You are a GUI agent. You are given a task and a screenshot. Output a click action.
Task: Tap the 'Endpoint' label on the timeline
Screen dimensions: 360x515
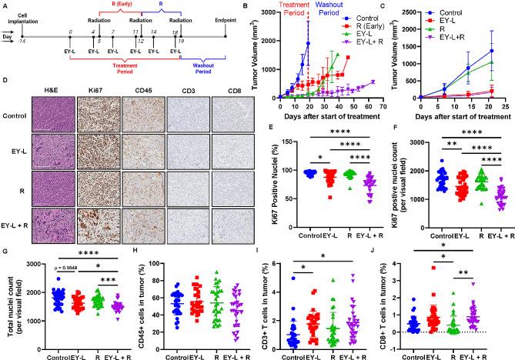[x=225, y=19]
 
